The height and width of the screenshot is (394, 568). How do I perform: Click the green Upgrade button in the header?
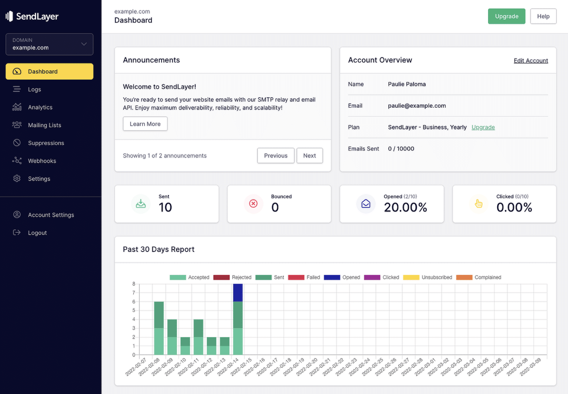pyautogui.click(x=506, y=16)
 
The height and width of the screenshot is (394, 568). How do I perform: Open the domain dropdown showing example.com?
pyautogui.click(x=49, y=44)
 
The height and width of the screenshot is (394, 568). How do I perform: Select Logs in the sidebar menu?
pyautogui.click(x=34, y=90)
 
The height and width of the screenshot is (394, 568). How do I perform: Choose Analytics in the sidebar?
pyautogui.click(x=40, y=107)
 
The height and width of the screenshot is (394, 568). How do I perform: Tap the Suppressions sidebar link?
pyautogui.click(x=46, y=143)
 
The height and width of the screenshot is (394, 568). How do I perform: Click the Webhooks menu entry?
pyautogui.click(x=42, y=161)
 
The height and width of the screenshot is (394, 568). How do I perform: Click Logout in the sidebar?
pyautogui.click(x=37, y=233)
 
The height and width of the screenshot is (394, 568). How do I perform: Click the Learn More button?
pyautogui.click(x=145, y=124)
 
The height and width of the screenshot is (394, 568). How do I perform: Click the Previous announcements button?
pyautogui.click(x=275, y=156)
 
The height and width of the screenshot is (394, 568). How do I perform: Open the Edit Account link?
pyautogui.click(x=531, y=61)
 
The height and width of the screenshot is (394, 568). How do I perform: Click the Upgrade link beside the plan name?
pyautogui.click(x=483, y=127)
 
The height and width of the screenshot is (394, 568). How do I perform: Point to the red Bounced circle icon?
pyautogui.click(x=253, y=203)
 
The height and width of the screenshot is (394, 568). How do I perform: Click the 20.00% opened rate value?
pyautogui.click(x=405, y=208)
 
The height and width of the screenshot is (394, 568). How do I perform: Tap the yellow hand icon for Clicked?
pyautogui.click(x=479, y=203)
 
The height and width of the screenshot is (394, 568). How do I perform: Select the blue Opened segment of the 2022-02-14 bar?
pyautogui.click(x=238, y=293)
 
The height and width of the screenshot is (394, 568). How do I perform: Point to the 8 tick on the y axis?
pyautogui.click(x=134, y=284)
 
